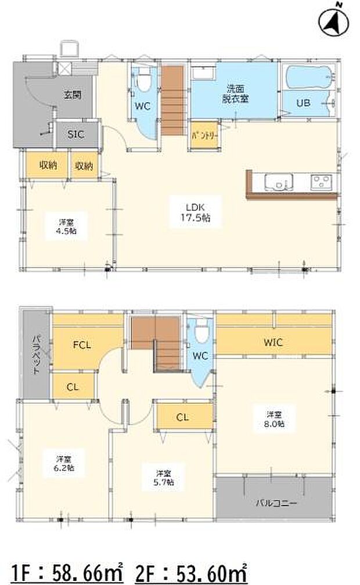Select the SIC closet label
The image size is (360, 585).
(75, 134)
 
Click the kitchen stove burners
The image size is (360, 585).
(321, 182)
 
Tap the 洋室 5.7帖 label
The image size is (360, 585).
(163, 476)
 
